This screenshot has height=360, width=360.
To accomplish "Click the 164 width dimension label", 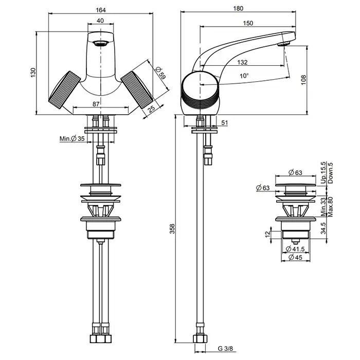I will [102, 8].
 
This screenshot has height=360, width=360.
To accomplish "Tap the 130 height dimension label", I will [33, 72].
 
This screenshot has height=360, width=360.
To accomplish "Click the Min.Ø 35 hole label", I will [72, 139].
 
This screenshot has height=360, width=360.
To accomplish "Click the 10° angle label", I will [243, 75].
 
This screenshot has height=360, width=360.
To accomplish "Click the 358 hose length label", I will [173, 227].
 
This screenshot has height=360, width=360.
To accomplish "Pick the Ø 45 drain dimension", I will [295, 257].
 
